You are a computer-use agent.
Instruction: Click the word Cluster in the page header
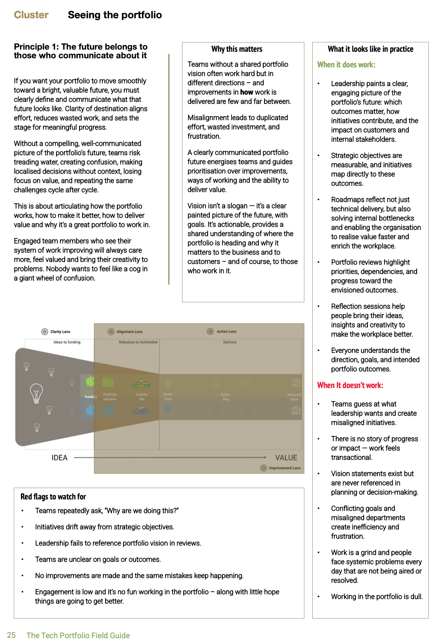tap(31, 15)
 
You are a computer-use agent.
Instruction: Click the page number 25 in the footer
tap(11, 635)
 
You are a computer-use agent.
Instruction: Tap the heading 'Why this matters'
tap(237, 49)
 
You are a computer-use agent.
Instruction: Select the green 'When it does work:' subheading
tap(346, 65)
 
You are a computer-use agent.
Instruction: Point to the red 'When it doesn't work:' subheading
tap(350, 385)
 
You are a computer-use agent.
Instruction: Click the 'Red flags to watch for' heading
tap(53, 497)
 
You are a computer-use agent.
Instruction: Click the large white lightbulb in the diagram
tap(36, 392)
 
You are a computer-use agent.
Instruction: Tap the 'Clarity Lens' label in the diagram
tap(60, 332)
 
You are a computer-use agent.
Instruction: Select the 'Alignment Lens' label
tap(129, 332)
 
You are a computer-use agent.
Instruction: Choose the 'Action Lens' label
tap(226, 332)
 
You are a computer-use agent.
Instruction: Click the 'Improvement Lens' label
tap(285, 468)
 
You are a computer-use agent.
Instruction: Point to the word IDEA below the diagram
tap(60, 458)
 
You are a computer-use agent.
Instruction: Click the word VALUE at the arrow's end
tap(286, 458)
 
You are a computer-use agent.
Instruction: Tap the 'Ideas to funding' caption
tap(67, 342)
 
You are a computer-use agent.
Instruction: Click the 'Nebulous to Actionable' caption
tap(138, 342)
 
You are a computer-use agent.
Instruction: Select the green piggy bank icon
tap(90, 382)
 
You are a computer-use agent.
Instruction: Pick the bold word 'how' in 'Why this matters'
tap(247, 92)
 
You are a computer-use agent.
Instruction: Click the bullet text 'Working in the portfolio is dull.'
tap(377, 597)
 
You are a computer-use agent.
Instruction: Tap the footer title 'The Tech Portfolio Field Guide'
tap(78, 636)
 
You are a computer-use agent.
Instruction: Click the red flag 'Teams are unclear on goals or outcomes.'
tap(98, 559)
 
